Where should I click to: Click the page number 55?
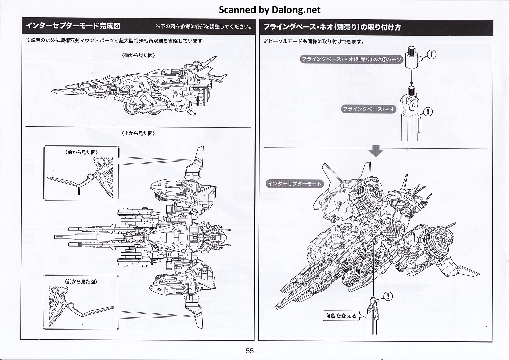[249, 351]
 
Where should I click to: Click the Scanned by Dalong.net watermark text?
[270, 10]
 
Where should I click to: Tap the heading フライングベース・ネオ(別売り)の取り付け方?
[332, 27]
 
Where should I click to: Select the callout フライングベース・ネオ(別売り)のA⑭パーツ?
[351, 59]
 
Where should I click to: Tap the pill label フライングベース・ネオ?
[368, 109]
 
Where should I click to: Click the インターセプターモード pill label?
[294, 184]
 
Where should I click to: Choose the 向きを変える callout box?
[341, 316]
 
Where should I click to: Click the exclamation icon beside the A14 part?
[431, 54]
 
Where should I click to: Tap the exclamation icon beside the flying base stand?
[428, 111]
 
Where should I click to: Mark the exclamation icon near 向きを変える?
[388, 296]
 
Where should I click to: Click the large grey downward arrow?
[376, 151]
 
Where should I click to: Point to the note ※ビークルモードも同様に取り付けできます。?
[314, 42]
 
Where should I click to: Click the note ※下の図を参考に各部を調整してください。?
[204, 27]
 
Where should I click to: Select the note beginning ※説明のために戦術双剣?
[116, 41]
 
